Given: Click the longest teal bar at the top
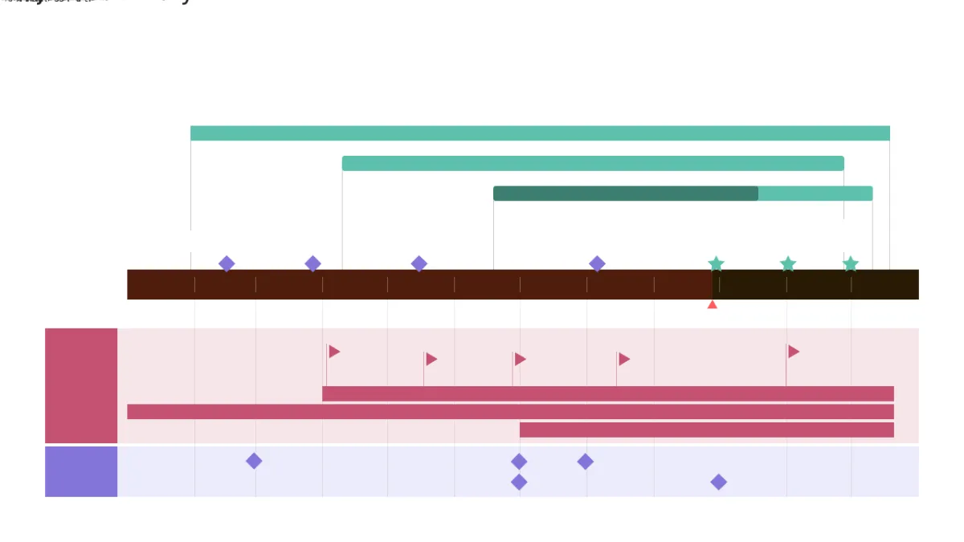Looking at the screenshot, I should tap(540, 133).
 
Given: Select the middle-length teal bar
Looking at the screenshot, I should tap(593, 164).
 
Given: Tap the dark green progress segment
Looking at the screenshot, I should tap(625, 194).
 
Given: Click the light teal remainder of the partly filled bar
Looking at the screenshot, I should tap(815, 194).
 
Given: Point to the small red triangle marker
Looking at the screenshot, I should tap(712, 304).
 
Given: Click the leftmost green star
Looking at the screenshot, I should tap(716, 264).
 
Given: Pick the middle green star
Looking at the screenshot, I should tap(788, 264).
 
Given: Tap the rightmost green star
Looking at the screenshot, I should tap(851, 264).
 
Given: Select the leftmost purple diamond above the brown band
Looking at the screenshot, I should tap(227, 263).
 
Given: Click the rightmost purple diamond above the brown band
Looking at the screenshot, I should tap(597, 263).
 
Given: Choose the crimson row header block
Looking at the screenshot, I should tap(81, 385).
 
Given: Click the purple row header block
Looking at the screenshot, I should tap(81, 472).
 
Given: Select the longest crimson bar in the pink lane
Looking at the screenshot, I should tap(510, 412).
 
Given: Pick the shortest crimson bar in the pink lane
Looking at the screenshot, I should tap(707, 430).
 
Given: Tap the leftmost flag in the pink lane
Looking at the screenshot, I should tap(333, 352).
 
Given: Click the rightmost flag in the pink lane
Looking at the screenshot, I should tap(793, 352).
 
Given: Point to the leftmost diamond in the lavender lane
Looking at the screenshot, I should tap(254, 461).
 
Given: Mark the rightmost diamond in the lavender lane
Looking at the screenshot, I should tap(719, 482).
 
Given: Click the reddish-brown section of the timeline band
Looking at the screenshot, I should tap(418, 285).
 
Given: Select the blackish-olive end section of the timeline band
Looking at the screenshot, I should tap(815, 285).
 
